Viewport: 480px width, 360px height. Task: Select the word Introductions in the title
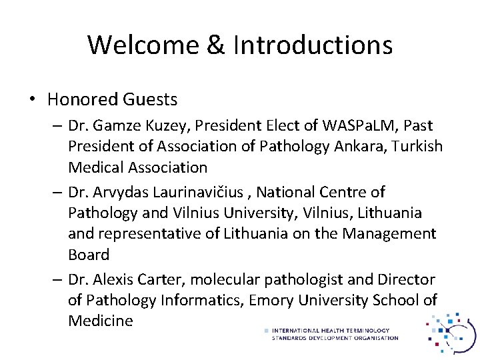[x=313, y=45]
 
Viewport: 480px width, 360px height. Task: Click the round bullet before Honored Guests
[x=32, y=100]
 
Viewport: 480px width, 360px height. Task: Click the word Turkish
[x=414, y=146]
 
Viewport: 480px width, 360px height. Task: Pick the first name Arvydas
[x=120, y=192]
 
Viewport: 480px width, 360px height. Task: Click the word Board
[x=88, y=255]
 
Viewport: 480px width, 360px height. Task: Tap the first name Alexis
[x=116, y=279]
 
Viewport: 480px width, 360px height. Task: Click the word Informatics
[x=199, y=300]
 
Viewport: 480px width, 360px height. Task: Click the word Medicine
[x=100, y=321]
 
